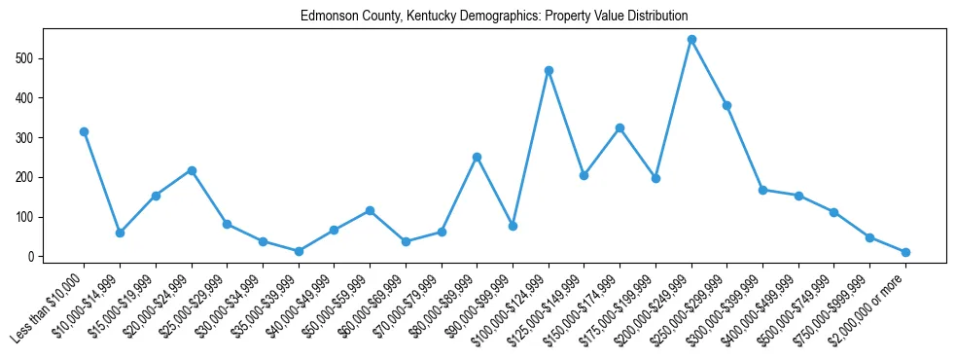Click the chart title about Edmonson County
494,17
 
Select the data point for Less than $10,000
84,131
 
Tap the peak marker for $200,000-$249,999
691,40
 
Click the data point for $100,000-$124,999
549,70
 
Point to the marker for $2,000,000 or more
905,252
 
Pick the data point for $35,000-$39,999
299,251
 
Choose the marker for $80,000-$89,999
477,157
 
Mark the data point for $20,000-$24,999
192,170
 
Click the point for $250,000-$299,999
726,105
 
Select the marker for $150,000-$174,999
620,127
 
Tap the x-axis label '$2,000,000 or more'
869,307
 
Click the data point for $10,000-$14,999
120,233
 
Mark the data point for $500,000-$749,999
833,212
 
